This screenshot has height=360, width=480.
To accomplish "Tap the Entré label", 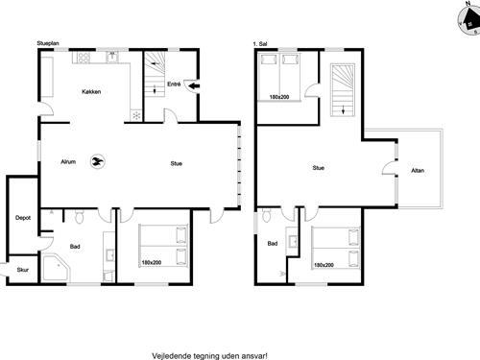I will click(x=174, y=84).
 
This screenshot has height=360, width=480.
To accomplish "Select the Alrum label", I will click(x=68, y=162).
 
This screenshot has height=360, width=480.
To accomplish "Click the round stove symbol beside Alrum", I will click(x=96, y=162).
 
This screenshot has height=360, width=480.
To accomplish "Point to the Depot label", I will click(x=22, y=218).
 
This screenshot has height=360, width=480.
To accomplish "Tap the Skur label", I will click(x=10, y=271).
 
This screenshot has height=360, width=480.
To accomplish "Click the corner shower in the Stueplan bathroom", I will click(x=56, y=268).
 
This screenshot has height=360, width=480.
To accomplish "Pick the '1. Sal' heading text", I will click(x=260, y=43).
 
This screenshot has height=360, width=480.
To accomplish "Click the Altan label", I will click(x=418, y=170).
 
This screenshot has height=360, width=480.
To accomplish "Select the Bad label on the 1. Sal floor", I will click(x=273, y=243).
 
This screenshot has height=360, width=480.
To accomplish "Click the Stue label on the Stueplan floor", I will click(x=178, y=162).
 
